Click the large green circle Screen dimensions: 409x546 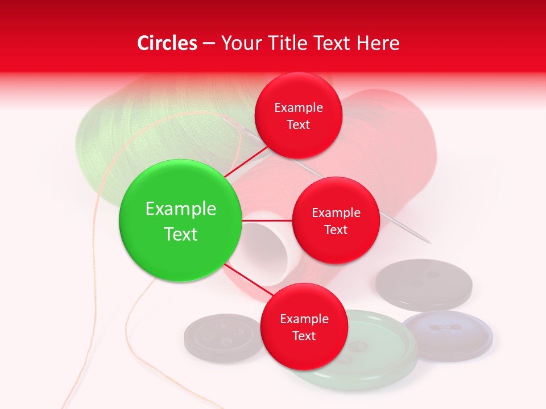pyautogui.click(x=181, y=220)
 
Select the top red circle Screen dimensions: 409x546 pyautogui.click(x=298, y=116)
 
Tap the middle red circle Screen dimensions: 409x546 pyautogui.click(x=336, y=220)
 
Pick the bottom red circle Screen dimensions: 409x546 pyautogui.click(x=304, y=327)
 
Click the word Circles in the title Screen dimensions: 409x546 pyautogui.click(x=167, y=43)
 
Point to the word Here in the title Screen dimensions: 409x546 pyautogui.click(x=378, y=43)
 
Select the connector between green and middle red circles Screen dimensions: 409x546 pyautogui.click(x=267, y=220)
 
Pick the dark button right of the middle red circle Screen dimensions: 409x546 pyautogui.click(x=424, y=284)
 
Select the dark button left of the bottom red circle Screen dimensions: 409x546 pyautogui.click(x=219, y=337)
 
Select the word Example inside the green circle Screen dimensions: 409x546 pyautogui.click(x=181, y=208)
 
